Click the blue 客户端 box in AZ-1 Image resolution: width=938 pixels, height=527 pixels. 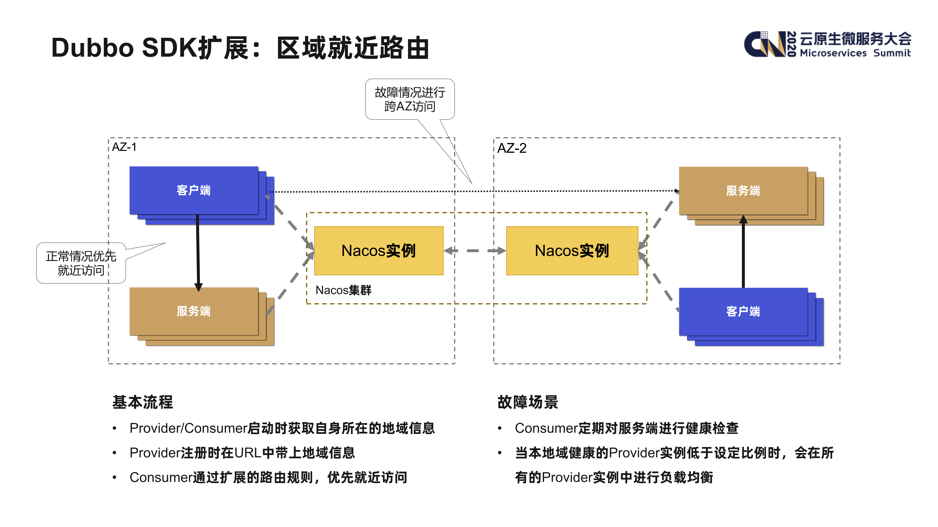click(x=194, y=190)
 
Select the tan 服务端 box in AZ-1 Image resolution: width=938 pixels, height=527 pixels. click(x=194, y=311)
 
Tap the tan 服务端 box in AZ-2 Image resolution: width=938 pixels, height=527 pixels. click(x=743, y=191)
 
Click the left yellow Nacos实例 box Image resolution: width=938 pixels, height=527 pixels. click(x=379, y=251)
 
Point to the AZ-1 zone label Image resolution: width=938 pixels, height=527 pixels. click(x=124, y=147)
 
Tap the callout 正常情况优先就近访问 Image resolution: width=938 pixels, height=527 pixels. click(x=81, y=263)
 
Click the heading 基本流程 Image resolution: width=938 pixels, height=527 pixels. click(x=142, y=402)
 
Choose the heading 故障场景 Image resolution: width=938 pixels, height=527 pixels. click(x=528, y=402)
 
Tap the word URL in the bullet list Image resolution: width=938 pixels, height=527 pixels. click(x=248, y=453)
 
